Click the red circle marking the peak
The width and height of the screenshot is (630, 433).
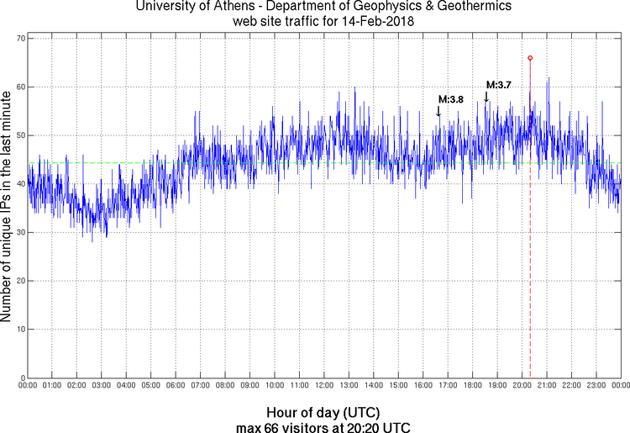coord(530,58)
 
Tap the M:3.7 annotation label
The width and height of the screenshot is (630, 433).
coord(499,85)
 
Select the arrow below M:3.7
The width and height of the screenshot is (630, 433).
coord(486,98)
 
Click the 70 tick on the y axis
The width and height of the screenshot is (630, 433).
coord(18,39)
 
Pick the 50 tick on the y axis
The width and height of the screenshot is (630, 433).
coord(18,135)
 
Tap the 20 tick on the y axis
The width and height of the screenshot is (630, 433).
coord(18,280)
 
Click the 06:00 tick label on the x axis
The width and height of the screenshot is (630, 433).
coord(176,386)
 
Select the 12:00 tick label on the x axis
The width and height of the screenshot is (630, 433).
coord(323,386)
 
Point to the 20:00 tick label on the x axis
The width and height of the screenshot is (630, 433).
coord(522,386)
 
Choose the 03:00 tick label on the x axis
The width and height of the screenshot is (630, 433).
coord(101,386)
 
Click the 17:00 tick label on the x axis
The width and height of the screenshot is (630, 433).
coord(447,386)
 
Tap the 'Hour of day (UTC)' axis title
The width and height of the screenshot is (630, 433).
coord(323,413)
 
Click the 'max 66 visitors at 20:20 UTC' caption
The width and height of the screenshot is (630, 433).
coord(323,426)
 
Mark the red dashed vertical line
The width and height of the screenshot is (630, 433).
coord(530,252)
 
